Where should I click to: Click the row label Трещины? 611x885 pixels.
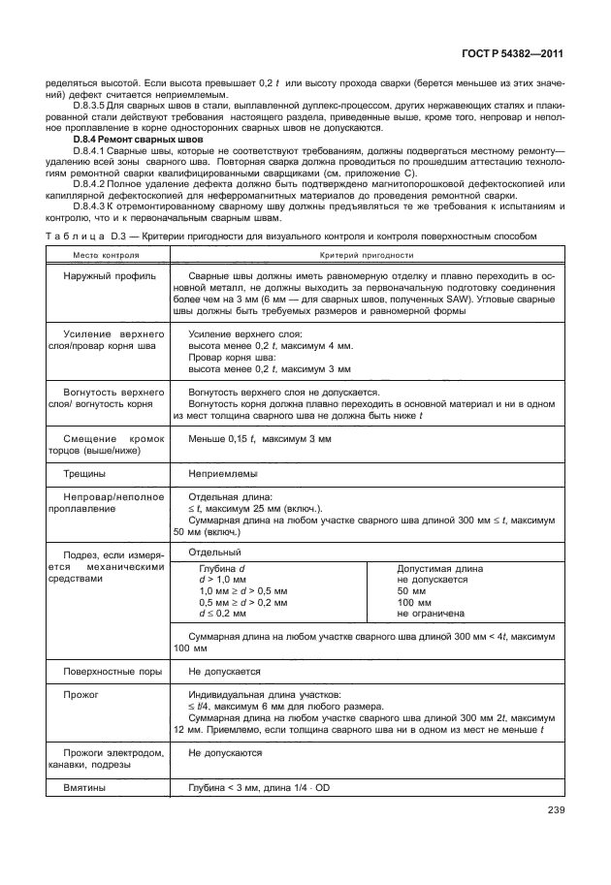(84, 474)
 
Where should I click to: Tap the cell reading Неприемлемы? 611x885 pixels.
(223, 474)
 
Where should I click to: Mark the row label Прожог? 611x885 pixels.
(80, 695)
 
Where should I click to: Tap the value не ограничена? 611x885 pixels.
(431, 614)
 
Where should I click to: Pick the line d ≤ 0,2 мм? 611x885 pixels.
(222, 614)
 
